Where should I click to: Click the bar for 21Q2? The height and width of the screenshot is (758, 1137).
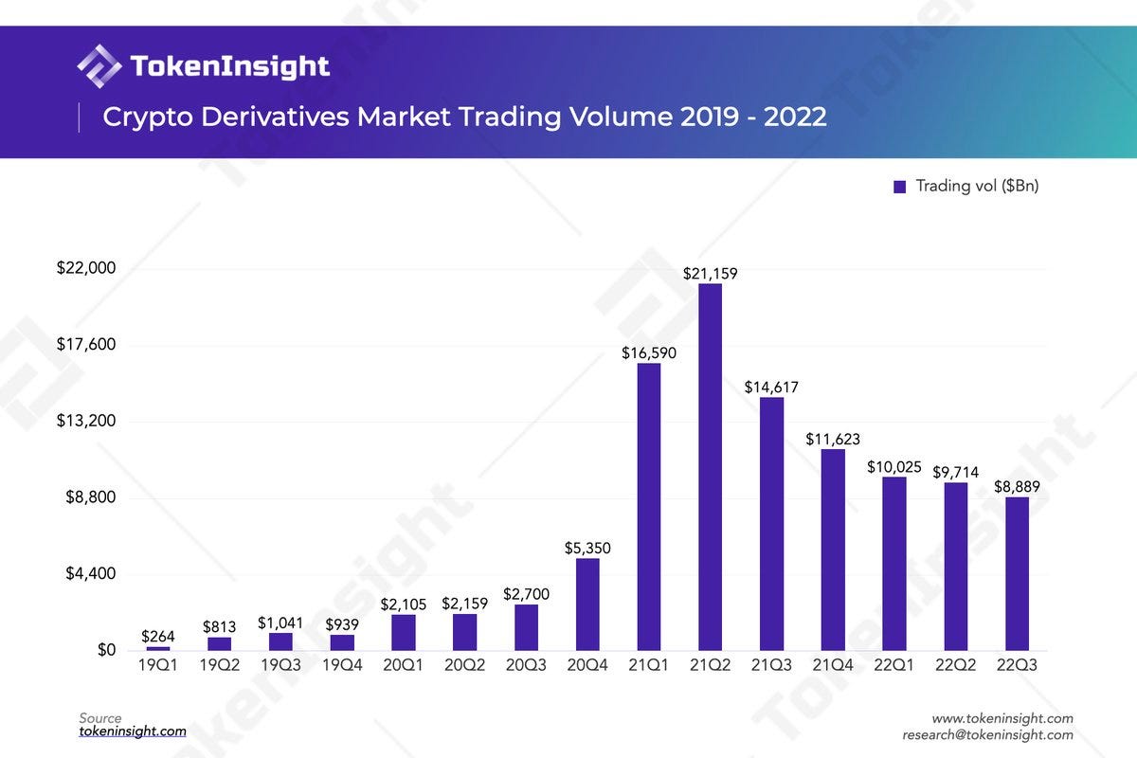(x=710, y=466)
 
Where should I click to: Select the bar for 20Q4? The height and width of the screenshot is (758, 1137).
(x=587, y=604)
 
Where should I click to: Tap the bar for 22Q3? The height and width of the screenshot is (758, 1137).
(x=1017, y=573)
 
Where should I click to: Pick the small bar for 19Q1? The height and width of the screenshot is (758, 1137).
(x=158, y=648)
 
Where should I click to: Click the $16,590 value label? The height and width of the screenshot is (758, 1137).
(x=649, y=352)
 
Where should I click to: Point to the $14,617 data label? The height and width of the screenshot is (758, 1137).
(x=771, y=387)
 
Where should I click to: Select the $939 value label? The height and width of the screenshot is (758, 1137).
(x=342, y=624)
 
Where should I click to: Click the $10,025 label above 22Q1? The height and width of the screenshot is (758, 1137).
(x=893, y=467)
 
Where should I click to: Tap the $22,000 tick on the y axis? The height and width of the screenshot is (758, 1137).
(x=86, y=268)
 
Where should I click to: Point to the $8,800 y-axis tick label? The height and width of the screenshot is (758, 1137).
(x=90, y=497)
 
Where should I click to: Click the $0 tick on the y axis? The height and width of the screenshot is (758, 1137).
(x=105, y=651)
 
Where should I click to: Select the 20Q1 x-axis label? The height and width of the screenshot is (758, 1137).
(x=404, y=666)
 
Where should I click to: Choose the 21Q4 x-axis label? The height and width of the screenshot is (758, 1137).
(x=833, y=666)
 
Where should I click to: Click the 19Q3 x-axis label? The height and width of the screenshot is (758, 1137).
(x=280, y=666)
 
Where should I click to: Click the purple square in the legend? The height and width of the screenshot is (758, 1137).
(x=900, y=187)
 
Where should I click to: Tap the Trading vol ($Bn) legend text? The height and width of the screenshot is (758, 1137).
(x=977, y=186)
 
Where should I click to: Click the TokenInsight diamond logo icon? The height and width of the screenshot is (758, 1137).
(x=99, y=65)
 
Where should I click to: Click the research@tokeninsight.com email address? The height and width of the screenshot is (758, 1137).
(x=987, y=734)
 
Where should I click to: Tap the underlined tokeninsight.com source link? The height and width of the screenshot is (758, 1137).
(x=133, y=731)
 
